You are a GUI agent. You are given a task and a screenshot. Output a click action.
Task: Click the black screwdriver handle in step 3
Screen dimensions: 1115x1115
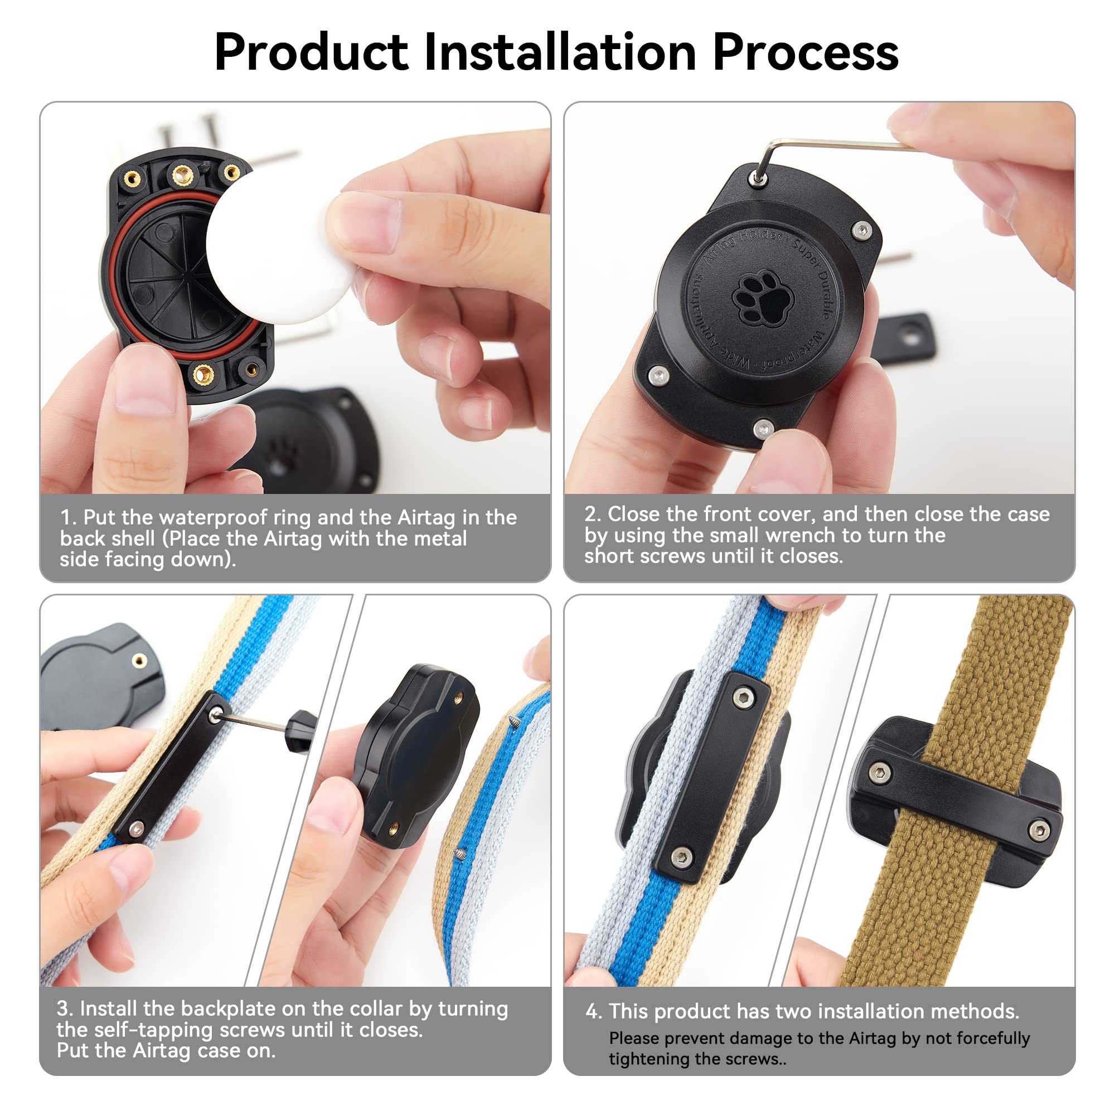[x=300, y=733]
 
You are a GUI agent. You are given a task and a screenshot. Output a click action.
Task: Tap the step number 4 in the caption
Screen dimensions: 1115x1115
[x=593, y=1011]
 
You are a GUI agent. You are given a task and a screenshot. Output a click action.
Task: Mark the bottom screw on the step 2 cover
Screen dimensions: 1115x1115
[x=764, y=429]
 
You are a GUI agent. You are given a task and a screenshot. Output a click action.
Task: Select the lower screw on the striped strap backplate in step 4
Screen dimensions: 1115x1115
[x=683, y=857]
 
